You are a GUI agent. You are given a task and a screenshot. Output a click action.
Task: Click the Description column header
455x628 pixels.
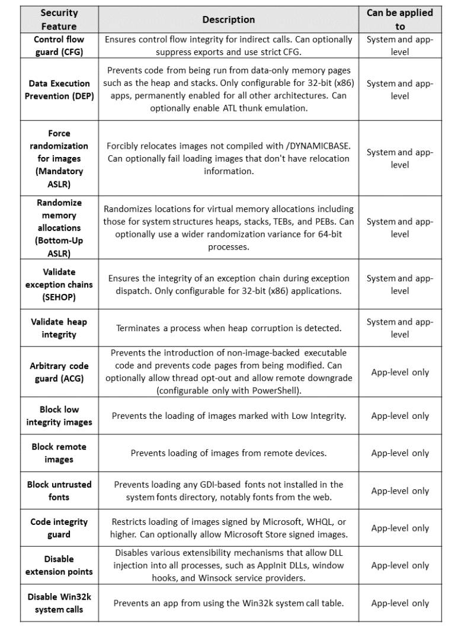pyautogui.click(x=228, y=20)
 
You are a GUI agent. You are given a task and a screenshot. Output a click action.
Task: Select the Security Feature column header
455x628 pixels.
pyautogui.click(x=59, y=20)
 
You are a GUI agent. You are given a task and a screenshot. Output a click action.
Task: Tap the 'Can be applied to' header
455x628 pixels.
pyautogui.click(x=400, y=20)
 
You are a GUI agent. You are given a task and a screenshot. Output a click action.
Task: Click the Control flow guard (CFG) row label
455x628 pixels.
pyautogui.click(x=59, y=46)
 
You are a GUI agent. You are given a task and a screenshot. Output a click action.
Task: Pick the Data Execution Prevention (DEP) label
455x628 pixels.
pyautogui.click(x=59, y=90)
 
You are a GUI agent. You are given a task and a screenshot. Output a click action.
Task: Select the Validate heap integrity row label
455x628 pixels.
pyautogui.click(x=59, y=328)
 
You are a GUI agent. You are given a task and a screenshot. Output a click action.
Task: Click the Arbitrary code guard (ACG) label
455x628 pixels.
pyautogui.click(x=59, y=372)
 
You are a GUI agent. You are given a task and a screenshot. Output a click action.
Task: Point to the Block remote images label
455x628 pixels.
pyautogui.click(x=59, y=453)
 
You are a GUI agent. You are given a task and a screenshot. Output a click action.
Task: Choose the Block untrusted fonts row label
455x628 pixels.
pyautogui.click(x=59, y=491)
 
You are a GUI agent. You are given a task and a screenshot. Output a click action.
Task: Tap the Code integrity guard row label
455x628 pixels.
pyautogui.click(x=59, y=528)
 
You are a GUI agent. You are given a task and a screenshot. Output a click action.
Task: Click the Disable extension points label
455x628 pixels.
pyautogui.click(x=59, y=565)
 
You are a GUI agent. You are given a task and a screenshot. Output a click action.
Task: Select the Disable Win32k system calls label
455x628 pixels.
pyautogui.click(x=59, y=603)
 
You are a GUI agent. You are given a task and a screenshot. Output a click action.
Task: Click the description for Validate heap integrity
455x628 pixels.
pyautogui.click(x=228, y=328)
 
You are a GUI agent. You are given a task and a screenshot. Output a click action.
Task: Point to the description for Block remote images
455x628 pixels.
pyautogui.click(x=228, y=453)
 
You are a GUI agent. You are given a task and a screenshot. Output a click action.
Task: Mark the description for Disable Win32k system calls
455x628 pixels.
pyautogui.click(x=228, y=603)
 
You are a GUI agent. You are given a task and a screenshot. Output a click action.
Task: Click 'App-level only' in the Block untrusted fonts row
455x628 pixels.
pyautogui.click(x=400, y=491)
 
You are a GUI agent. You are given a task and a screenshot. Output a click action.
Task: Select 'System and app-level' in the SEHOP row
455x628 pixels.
pyautogui.click(x=400, y=284)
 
